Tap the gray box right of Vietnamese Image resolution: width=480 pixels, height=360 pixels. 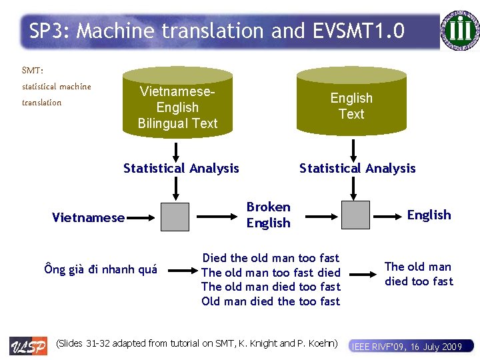pos(175,216)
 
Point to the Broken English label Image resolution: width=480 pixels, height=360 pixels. pos(268,215)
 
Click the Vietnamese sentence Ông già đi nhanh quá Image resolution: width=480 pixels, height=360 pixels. pos(101,269)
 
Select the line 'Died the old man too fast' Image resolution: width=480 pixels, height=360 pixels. pos(271,258)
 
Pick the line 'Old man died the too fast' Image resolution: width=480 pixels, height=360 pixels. pos(271,301)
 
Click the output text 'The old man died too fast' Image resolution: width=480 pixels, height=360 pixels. pos(419,274)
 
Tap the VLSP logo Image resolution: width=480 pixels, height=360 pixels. pos(28,345)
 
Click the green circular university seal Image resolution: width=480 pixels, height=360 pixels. pos(460,30)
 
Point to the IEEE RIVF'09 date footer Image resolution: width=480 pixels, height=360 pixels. pos(407,346)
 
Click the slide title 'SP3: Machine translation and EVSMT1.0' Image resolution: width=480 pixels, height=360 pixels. pos(217,31)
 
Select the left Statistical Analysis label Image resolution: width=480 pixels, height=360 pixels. pos(181,168)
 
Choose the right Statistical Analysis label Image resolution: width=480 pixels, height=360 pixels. pos(357,168)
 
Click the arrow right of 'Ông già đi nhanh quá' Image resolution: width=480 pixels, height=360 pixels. pos(179,270)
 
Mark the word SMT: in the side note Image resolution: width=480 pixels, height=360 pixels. pos(33,70)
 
